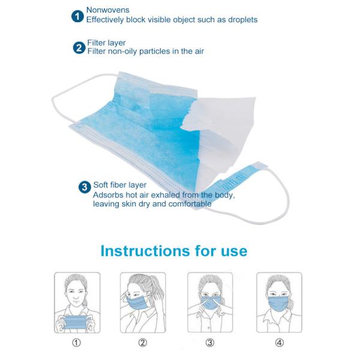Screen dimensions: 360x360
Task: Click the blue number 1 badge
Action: [x=77, y=15]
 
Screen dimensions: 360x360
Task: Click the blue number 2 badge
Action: [x=79, y=47]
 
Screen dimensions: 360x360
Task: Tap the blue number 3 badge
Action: [x=85, y=187]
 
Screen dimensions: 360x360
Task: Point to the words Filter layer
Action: [x=107, y=43]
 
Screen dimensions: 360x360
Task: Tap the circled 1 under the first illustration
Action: [x=76, y=343]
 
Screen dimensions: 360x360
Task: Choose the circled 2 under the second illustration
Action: [x=143, y=343]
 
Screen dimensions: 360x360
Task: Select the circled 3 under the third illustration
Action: [x=210, y=343]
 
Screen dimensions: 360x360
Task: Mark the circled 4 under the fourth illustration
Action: [x=279, y=343]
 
